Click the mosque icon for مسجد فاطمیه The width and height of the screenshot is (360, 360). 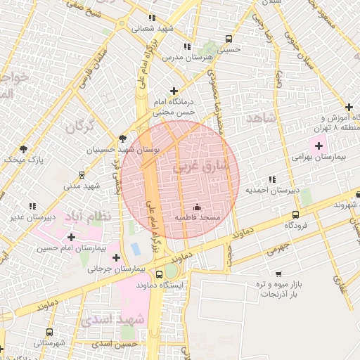pos(196,207)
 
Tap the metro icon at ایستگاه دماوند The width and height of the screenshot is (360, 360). pos(171,272)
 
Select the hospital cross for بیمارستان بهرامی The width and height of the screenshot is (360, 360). pos(319,146)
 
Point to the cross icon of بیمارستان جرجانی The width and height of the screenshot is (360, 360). pos(117,257)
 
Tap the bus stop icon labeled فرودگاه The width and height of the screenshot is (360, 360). pos(295,214)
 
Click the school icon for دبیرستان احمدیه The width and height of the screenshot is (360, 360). pos(271,179)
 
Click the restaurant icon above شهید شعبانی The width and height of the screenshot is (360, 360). pos(153,18)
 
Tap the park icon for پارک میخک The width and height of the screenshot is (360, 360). pos(23,148)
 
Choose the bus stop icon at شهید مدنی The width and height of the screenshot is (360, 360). pos(82,175)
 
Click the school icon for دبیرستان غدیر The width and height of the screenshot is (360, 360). pos(32,205)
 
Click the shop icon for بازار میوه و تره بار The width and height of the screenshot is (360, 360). pos(278,274)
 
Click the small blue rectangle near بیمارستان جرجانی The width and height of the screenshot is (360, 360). pos(134,250)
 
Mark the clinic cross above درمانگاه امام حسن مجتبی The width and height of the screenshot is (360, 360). pos(174,90)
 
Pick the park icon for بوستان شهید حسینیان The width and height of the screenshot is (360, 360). pos(123,139)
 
